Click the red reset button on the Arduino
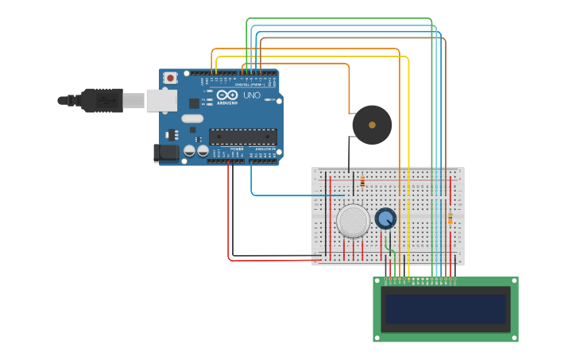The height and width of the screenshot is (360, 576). coord(171,78)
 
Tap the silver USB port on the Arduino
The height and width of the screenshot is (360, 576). coord(162,99)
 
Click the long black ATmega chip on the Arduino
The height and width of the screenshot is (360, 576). coord(243,136)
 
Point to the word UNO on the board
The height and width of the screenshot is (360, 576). coord(251,95)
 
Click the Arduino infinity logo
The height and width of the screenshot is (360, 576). coord(227,96)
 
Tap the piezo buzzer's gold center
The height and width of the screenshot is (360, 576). coord(372,125)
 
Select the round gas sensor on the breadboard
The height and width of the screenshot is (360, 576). coord(353,221)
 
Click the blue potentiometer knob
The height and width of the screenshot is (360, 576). coord(385,218)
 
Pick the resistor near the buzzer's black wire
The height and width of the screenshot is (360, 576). coord(362,181)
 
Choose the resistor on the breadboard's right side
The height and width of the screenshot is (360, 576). coord(450,219)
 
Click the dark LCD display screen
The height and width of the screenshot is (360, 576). coord(446,309)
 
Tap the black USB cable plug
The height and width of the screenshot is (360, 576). coord(99,100)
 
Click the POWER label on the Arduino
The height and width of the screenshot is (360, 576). coord(237,149)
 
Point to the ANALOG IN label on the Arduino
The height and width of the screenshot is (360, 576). coord(264,149)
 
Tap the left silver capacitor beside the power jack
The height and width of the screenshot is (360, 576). coord(190,150)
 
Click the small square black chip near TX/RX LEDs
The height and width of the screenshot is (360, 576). coord(194,103)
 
